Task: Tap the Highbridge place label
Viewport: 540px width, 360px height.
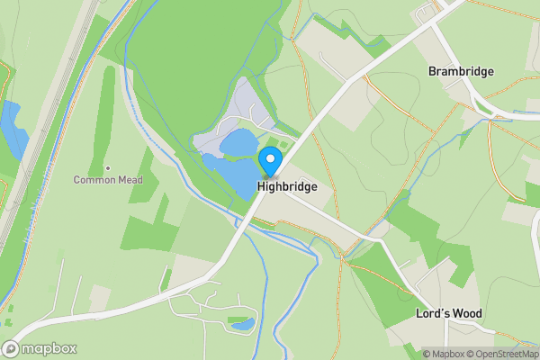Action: (x=286, y=187)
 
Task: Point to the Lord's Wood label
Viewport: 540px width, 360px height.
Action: (x=449, y=314)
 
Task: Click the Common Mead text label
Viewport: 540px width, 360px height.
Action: (x=108, y=180)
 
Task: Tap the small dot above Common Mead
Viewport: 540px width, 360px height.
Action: (x=108, y=167)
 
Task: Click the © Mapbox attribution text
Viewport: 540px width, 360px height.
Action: (x=442, y=354)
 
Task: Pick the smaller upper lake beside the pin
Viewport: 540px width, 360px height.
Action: (x=238, y=142)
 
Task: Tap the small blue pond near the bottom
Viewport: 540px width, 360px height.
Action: (x=242, y=322)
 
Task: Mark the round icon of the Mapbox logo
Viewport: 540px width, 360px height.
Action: (x=11, y=349)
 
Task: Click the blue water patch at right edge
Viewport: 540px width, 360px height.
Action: (x=533, y=194)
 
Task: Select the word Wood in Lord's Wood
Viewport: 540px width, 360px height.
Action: (x=467, y=314)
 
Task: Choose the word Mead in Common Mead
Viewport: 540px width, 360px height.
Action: (x=129, y=180)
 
